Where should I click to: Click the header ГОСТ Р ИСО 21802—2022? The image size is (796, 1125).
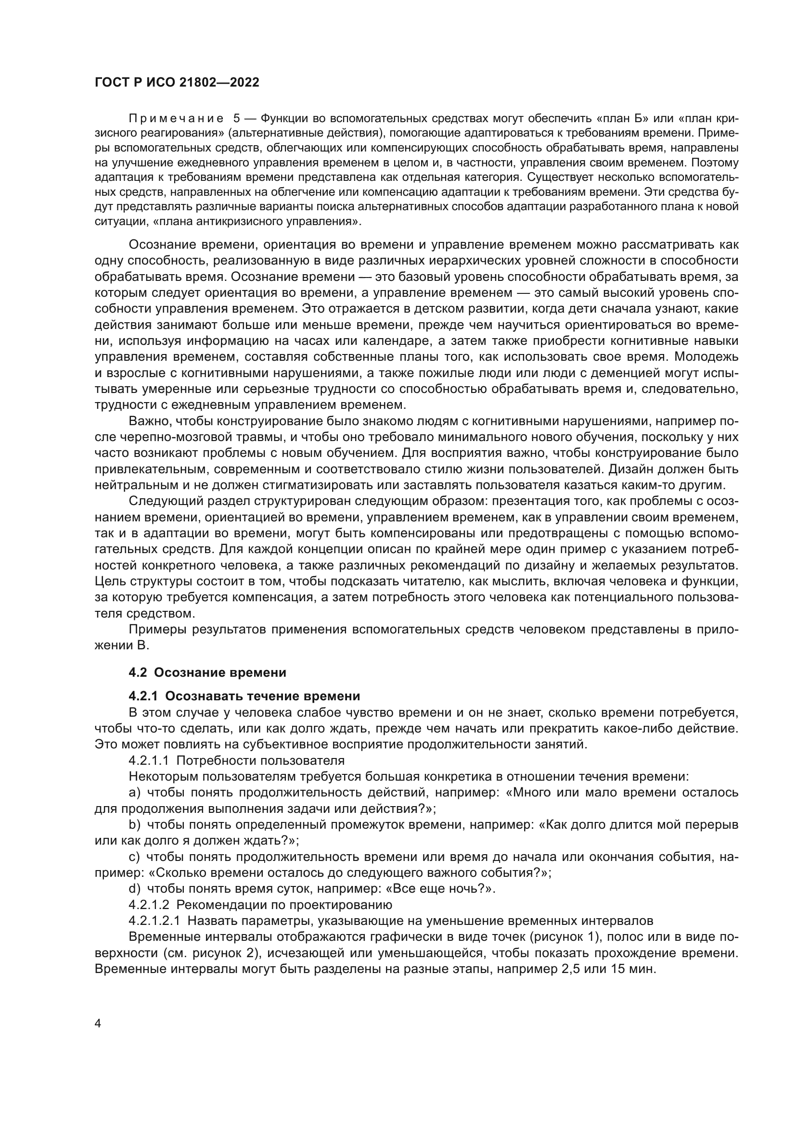tap(177, 83)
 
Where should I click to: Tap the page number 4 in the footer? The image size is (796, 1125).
tap(98, 1024)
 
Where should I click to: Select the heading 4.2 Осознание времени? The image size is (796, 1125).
tap(207, 672)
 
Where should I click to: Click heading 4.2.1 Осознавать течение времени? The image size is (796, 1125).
tap(244, 696)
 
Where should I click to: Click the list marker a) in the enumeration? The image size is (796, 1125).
tap(135, 792)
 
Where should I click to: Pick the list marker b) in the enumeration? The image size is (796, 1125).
tap(135, 825)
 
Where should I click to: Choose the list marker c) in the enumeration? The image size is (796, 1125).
tap(135, 857)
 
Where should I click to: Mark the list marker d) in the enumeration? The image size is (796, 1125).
tap(135, 888)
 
